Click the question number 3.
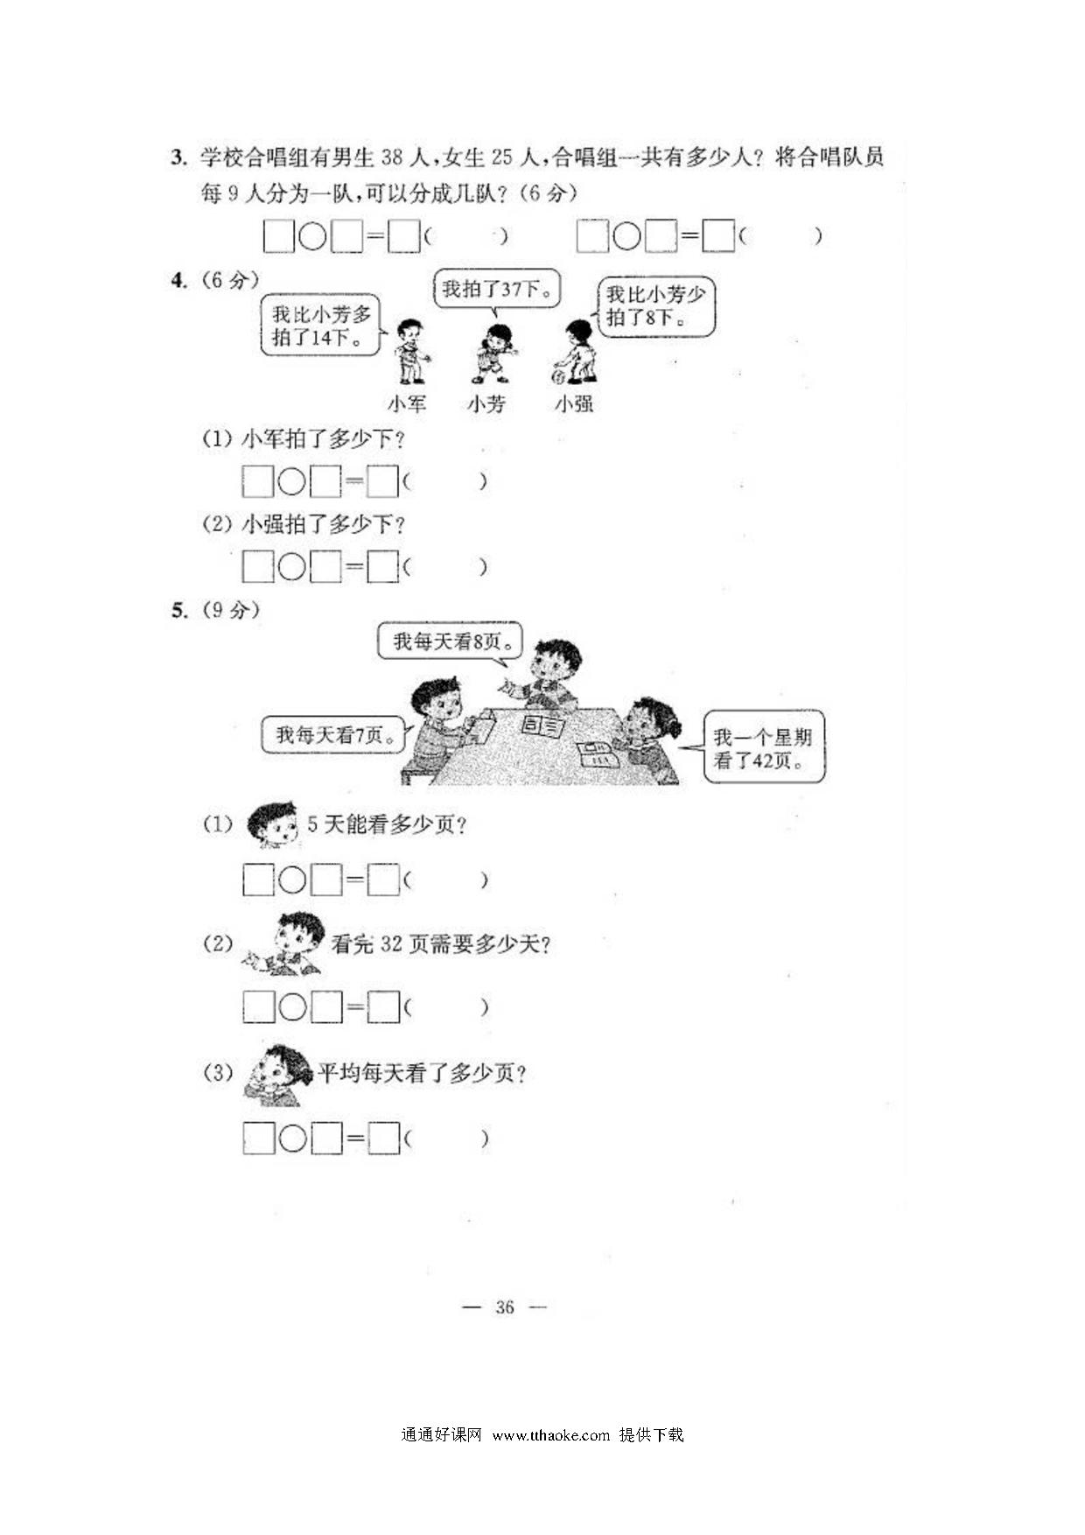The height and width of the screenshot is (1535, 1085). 178,158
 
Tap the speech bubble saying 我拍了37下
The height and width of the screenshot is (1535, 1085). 497,289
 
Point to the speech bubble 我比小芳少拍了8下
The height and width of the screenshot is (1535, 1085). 655,306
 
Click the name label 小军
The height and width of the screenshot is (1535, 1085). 407,403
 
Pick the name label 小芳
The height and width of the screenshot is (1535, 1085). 486,403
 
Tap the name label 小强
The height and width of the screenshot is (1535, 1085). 574,403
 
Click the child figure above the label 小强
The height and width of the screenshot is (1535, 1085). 576,352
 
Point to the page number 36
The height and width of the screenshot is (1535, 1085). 505,1307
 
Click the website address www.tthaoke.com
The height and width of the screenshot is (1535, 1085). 550,1434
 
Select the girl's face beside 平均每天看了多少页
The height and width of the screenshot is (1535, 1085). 277,1075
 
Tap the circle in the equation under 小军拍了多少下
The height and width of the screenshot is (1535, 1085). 291,482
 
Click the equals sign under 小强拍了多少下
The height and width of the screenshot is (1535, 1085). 353,568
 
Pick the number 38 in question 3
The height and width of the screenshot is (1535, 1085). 392,158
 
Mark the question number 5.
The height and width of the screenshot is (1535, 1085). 178,610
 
